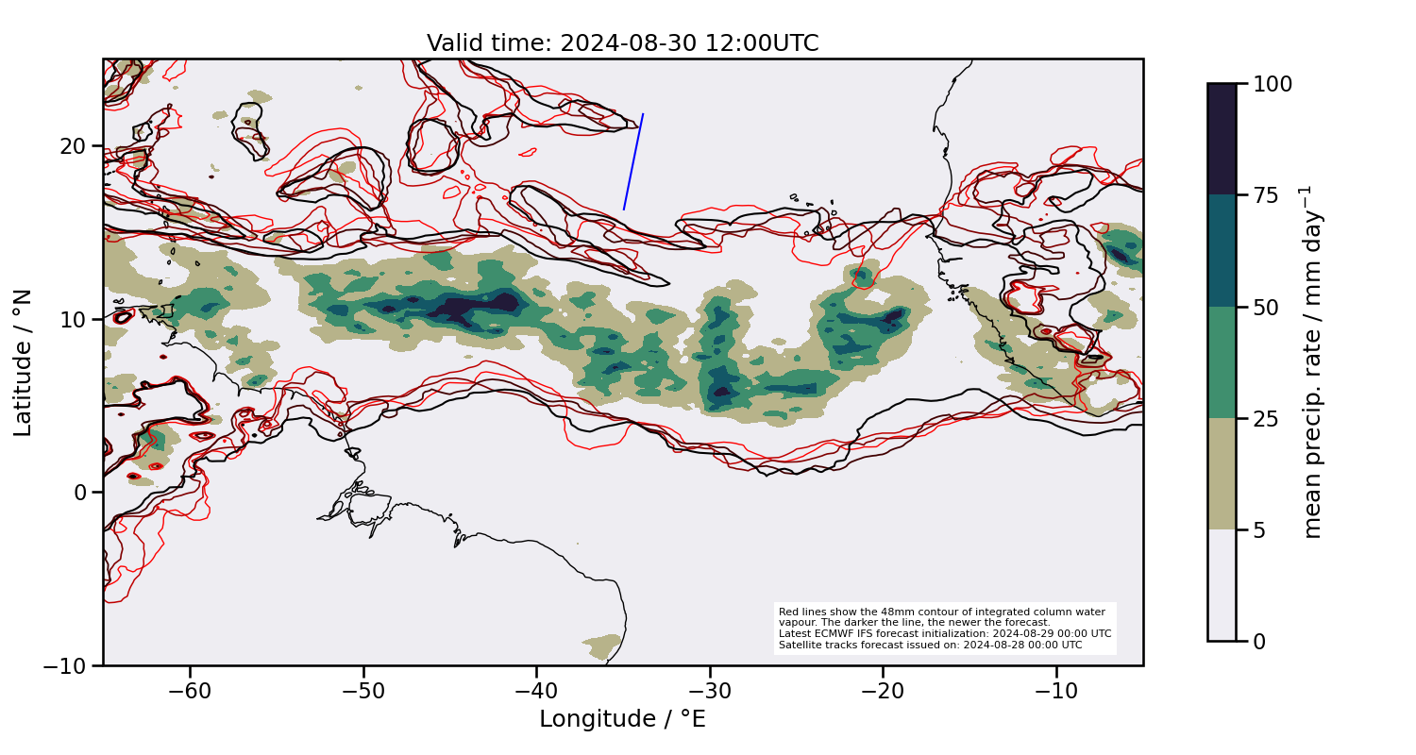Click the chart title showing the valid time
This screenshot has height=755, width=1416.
pyautogui.click(x=622, y=43)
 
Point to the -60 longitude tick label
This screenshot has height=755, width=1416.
pyautogui.click(x=190, y=693)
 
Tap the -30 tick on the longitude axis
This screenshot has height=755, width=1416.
pyautogui.click(x=710, y=693)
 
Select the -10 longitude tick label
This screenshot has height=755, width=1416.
pyautogui.click(x=1056, y=693)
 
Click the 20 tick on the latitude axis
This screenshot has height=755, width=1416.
pyautogui.click(x=75, y=146)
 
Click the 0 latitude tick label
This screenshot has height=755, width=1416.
pyautogui.click(x=81, y=493)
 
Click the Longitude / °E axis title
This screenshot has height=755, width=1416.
pyautogui.click(x=622, y=720)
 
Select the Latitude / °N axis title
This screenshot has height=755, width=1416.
pyautogui.click(x=24, y=363)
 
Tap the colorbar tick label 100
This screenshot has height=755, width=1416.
pyautogui.click(x=1273, y=84)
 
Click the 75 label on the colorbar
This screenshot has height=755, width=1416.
pyautogui.click(x=1266, y=195)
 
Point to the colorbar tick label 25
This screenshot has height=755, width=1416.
pyautogui.click(x=1266, y=419)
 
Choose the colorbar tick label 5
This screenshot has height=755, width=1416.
pyautogui.click(x=1259, y=530)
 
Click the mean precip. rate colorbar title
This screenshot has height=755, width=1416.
pyautogui.click(x=1311, y=362)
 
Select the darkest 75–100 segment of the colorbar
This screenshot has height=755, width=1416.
pyautogui.click(x=1222, y=140)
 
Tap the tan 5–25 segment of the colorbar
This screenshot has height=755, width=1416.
pyautogui.click(x=1222, y=474)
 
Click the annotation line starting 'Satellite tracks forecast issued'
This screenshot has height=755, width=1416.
pyautogui.click(x=931, y=646)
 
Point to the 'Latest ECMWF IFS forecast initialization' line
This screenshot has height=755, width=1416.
pyautogui.click(x=944, y=634)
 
